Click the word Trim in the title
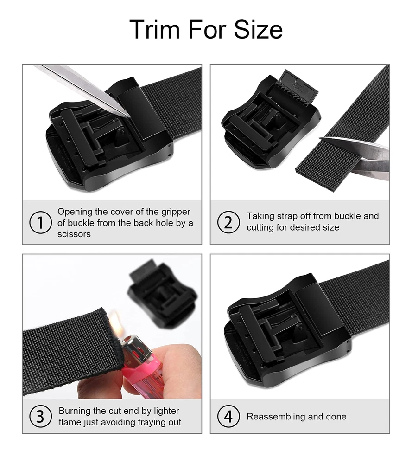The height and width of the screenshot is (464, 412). point(155,29)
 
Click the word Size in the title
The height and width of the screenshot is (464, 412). point(258,29)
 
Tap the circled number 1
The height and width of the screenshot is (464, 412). point(40,223)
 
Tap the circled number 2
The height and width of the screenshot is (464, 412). point(228,222)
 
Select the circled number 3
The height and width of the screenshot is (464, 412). point(40,416)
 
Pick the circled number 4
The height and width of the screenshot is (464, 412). point(228,416)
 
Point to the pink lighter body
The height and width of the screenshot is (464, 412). point(143,374)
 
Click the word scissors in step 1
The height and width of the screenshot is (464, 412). point(74,234)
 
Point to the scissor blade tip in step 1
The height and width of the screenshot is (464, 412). point(129,116)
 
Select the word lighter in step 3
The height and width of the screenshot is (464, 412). point(166,411)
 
